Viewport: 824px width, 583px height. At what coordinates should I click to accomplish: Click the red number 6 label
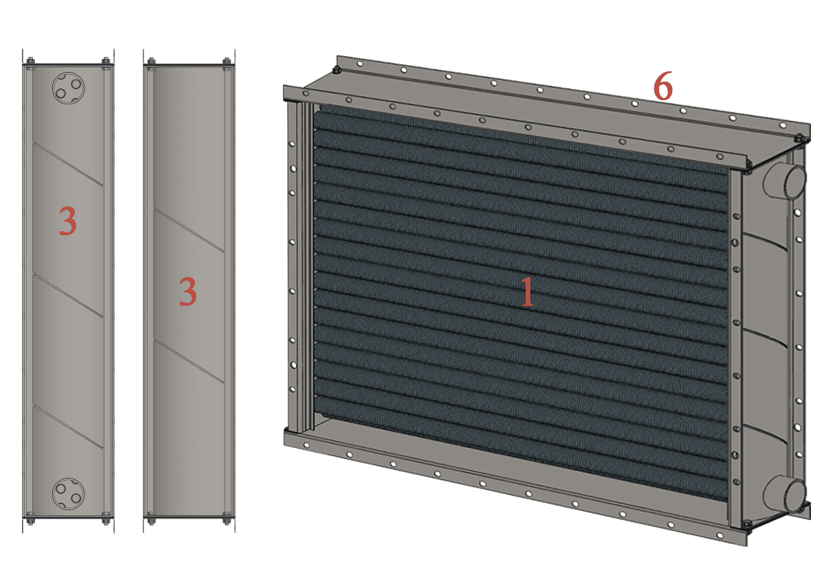663,86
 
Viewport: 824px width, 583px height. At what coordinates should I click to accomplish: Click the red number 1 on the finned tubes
527,291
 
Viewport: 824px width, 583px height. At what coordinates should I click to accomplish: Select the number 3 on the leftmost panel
68,220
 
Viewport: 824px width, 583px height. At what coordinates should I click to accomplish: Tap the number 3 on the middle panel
187,291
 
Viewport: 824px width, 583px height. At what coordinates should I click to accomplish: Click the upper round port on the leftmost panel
69,88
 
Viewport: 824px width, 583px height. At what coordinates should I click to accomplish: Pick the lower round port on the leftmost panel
69,494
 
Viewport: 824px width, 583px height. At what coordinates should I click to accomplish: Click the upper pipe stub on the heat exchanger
785,181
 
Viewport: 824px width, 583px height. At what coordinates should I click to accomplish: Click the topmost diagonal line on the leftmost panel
68,164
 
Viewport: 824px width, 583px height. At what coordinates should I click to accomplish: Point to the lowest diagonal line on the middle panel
189,361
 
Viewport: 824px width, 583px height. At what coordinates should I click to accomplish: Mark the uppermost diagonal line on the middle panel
189,230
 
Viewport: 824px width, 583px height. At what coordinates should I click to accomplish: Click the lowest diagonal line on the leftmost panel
68,427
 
